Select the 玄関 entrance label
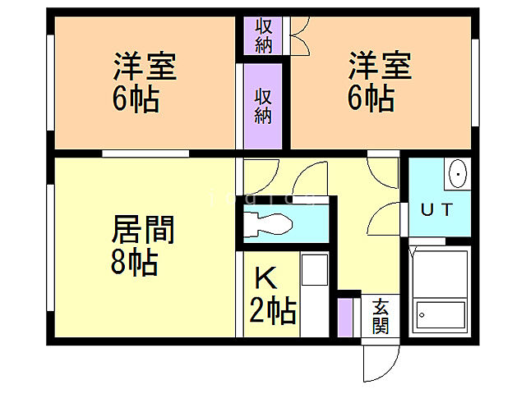pos(381,317)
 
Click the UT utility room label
pos(436,209)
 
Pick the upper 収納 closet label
pos(263,35)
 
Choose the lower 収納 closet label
pos(262,106)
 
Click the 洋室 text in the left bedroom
pos(145,66)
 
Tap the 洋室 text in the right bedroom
pos(379,66)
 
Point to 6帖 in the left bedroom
pos(135,101)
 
